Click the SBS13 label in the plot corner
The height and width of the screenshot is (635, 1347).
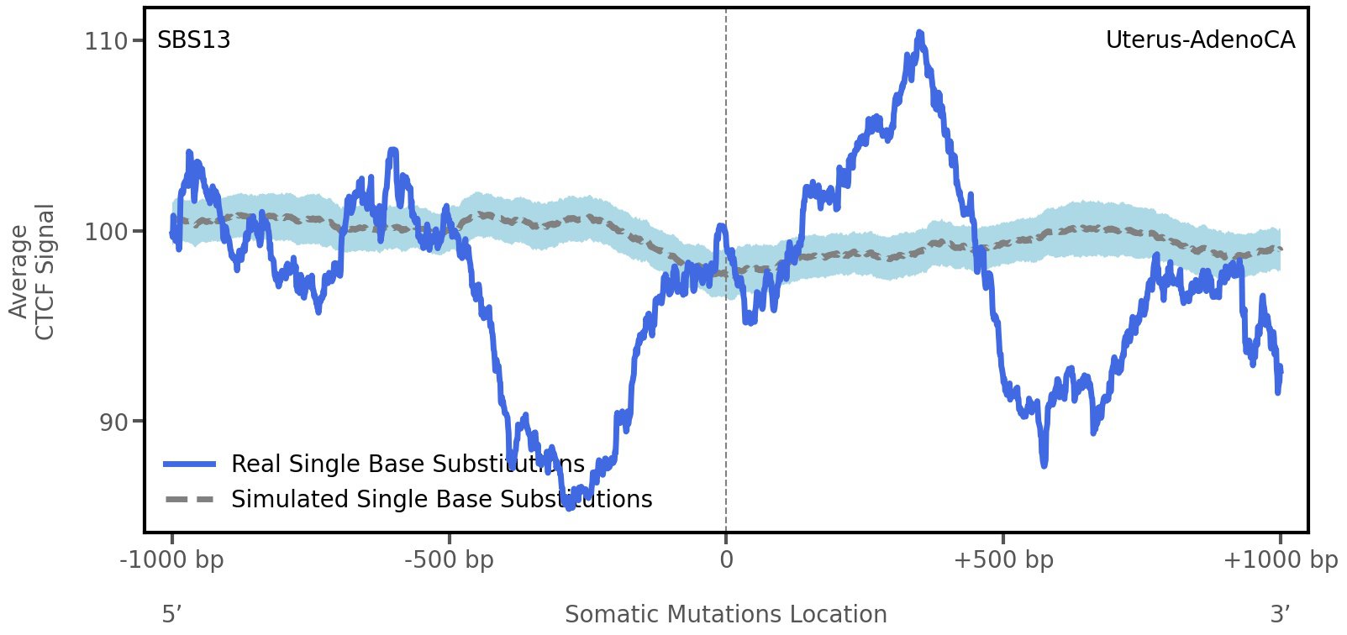[194, 40]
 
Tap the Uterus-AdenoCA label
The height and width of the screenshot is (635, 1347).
[1200, 40]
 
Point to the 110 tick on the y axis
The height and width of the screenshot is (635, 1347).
[105, 41]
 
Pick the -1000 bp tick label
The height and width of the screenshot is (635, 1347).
[172, 560]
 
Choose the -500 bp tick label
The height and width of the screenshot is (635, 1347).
[449, 560]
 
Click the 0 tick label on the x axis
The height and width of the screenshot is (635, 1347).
[726, 560]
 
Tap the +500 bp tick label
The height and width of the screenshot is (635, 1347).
[1003, 560]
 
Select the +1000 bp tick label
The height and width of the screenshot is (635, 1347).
[1280, 560]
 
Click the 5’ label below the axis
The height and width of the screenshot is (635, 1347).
[172, 614]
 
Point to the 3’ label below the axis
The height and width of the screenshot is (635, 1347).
[1280, 614]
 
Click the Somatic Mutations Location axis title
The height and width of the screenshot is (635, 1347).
[726, 615]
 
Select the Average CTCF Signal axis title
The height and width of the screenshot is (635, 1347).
[32, 271]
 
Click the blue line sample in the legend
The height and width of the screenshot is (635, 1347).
[190, 464]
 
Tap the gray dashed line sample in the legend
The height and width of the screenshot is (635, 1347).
[190, 500]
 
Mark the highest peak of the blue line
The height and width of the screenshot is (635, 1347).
[920, 34]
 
